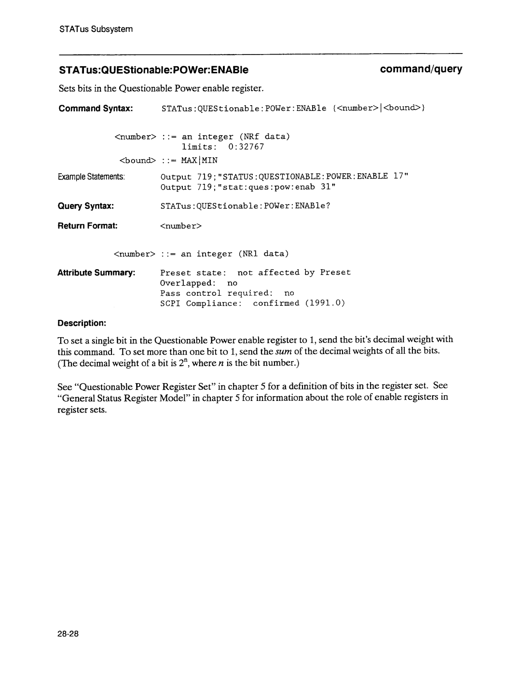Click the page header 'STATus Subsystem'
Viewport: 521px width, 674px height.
coord(96,29)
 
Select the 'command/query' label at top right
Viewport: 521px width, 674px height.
coord(421,69)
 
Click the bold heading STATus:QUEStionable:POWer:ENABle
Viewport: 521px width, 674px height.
coord(153,70)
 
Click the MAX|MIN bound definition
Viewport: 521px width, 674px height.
coord(200,160)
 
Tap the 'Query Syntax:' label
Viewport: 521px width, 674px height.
coord(86,206)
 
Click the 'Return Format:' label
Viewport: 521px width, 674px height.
coord(88,225)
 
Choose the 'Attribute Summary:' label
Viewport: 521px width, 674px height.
coord(96,273)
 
